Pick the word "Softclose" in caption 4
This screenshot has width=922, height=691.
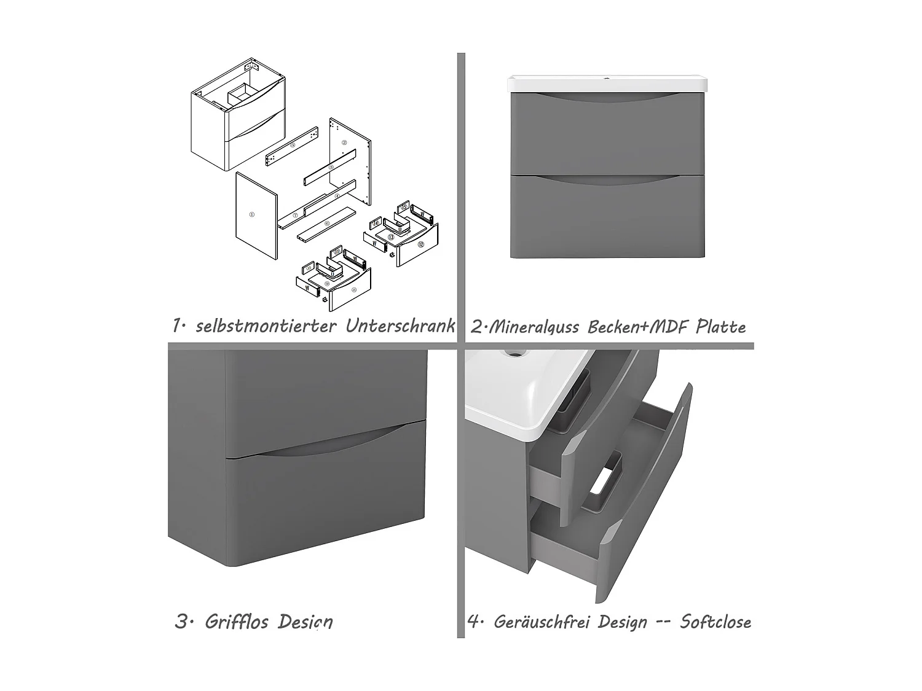point(715,622)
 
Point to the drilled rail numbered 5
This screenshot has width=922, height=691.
point(292,146)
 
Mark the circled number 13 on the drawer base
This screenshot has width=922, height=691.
point(391,236)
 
